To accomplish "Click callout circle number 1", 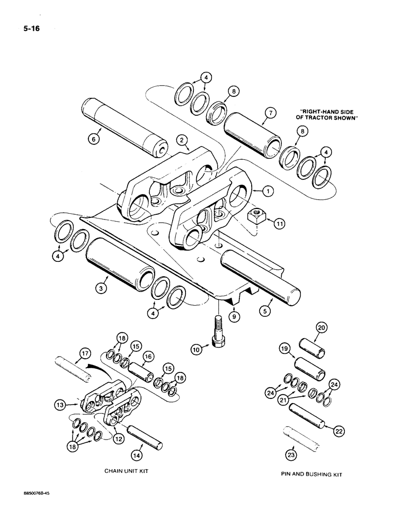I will point(269,190).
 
